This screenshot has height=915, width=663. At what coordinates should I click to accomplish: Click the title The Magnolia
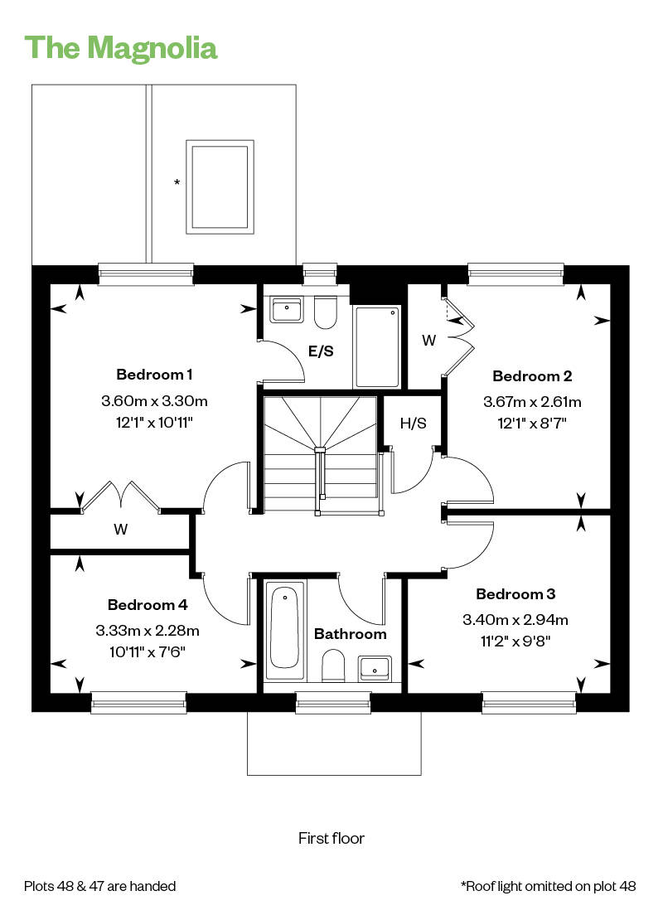tap(121, 47)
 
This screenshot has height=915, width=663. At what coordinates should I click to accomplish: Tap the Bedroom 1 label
tap(154, 374)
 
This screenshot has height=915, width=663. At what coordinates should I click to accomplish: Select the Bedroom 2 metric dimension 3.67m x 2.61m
tap(532, 403)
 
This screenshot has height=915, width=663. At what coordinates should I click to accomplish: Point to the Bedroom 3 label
tap(515, 594)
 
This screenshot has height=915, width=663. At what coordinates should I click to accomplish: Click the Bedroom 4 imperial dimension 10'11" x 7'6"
tap(148, 651)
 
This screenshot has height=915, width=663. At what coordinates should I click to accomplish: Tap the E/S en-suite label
tap(321, 351)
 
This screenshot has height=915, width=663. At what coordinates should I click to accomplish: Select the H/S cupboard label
tap(413, 424)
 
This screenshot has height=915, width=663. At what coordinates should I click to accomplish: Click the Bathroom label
tap(350, 634)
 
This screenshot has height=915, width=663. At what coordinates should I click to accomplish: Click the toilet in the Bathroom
tap(333, 664)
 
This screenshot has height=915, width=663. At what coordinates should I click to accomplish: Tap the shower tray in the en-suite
tap(377, 346)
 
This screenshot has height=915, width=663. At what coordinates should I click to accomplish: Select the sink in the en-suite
tap(286, 310)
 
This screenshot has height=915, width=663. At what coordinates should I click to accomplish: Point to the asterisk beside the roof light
tap(177, 182)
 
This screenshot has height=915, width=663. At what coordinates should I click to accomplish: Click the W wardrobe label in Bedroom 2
tap(428, 340)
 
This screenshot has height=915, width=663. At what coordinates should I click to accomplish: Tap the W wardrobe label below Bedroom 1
tap(121, 530)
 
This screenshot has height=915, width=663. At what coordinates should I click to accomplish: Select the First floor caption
tap(331, 838)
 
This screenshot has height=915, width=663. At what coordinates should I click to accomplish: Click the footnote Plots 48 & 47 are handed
tap(100, 886)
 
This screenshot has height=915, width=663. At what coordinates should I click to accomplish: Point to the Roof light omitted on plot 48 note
tap(549, 886)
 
